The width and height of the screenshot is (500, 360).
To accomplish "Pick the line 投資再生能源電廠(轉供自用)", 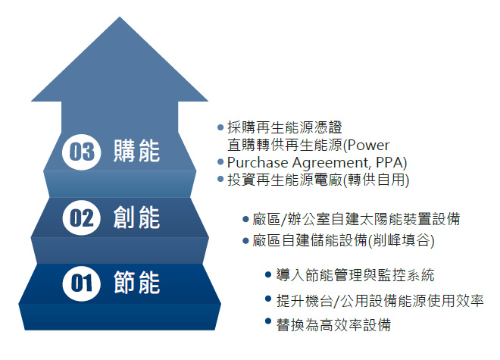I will point(319,180).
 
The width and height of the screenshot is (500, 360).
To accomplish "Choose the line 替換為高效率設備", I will point(334,324).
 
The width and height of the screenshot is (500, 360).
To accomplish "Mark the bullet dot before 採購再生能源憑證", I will point(220,127).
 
